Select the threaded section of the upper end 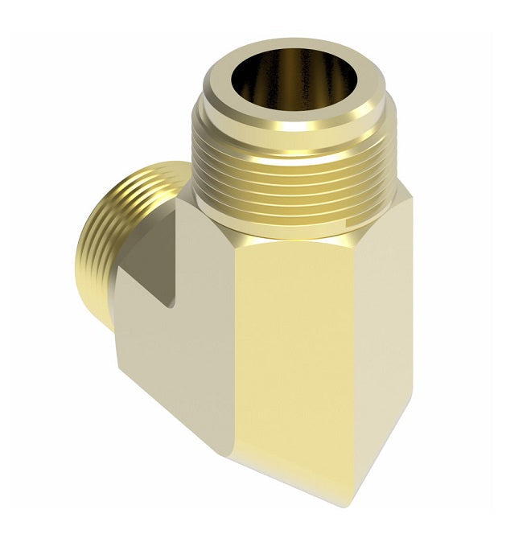pos(298,173)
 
